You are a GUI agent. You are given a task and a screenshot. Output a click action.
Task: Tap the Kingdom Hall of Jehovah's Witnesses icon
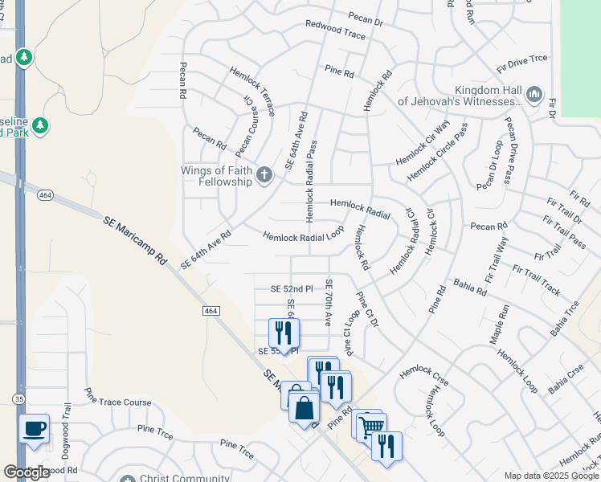534,97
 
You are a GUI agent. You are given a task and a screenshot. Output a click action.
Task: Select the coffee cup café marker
33,429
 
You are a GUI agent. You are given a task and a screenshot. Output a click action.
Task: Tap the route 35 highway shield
18,398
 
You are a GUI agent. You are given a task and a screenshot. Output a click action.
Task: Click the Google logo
27,472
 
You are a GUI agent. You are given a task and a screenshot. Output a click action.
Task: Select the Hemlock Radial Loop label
304,234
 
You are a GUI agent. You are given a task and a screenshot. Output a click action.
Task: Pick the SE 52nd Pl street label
291,288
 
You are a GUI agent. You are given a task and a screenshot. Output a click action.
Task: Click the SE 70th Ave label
328,302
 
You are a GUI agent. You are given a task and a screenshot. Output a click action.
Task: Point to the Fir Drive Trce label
515,59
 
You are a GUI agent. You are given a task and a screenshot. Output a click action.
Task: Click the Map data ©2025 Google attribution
550,476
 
